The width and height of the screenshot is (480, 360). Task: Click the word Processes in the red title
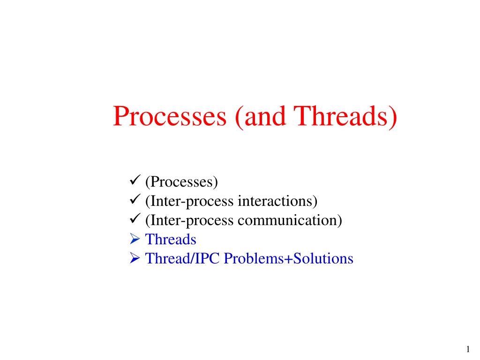(x=169, y=117)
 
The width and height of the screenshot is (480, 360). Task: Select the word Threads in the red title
(x=341, y=117)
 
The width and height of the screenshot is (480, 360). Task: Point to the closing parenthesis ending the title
(x=393, y=117)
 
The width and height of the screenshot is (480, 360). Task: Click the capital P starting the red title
(x=120, y=117)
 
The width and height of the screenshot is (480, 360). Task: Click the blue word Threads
(x=171, y=240)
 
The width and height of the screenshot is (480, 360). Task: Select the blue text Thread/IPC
(x=183, y=259)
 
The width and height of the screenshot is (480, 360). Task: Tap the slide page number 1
(x=468, y=349)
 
